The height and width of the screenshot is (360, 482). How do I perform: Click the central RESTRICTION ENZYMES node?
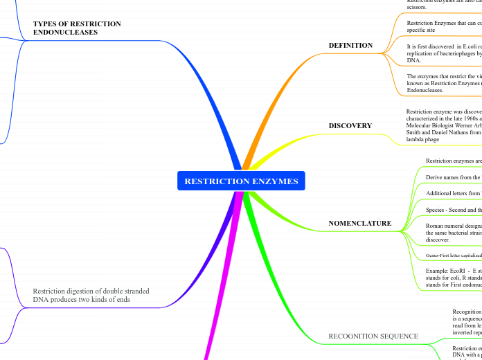coord(241,181)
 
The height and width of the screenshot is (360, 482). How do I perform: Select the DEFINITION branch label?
coord(350,46)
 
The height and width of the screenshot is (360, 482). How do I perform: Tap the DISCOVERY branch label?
coord(350,126)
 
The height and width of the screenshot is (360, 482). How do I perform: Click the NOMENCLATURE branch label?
coord(359,224)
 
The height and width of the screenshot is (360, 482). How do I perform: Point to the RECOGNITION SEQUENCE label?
coord(373,336)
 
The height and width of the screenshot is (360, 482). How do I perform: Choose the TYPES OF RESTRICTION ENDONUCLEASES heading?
coord(77,28)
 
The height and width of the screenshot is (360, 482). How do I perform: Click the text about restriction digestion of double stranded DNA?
coord(91,296)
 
